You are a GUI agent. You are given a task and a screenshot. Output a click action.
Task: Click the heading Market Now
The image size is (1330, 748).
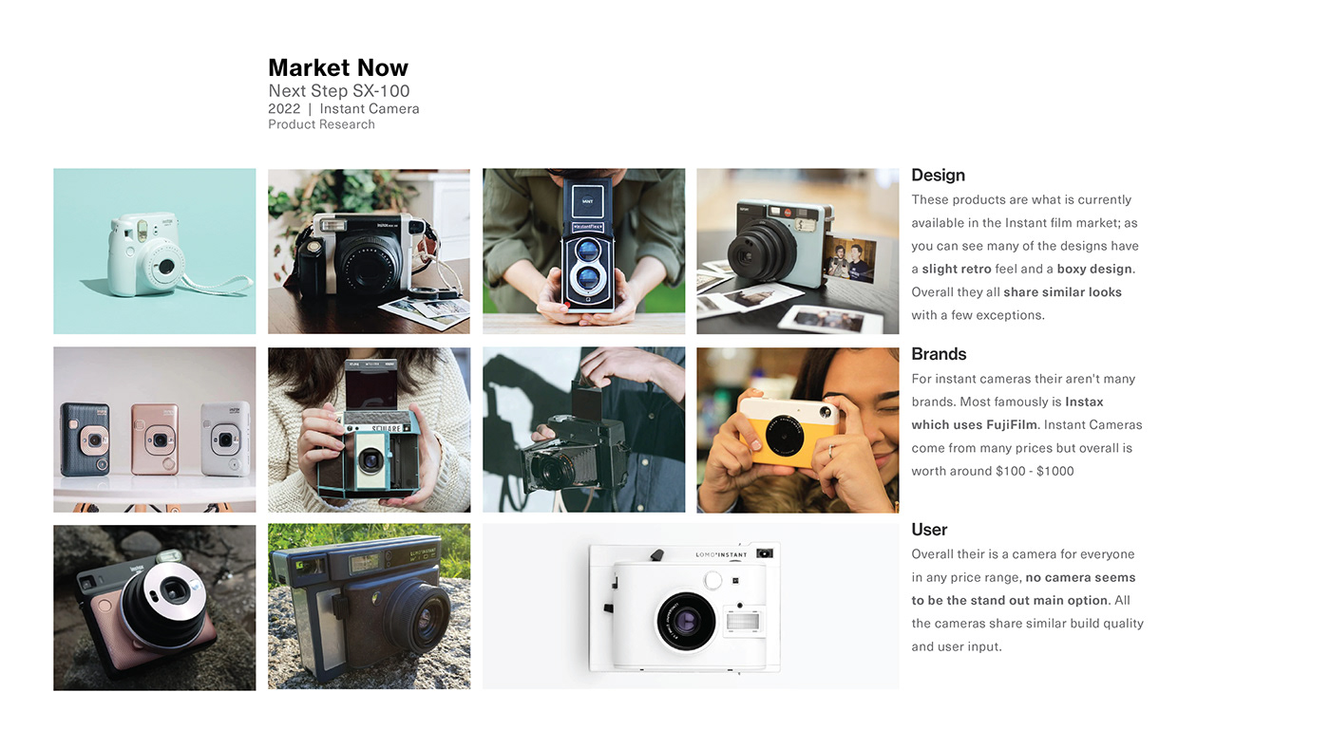(x=337, y=67)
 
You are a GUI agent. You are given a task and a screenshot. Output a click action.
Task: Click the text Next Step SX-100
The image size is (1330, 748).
(x=338, y=91)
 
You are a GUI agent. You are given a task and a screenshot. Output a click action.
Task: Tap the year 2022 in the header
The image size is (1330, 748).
(x=283, y=109)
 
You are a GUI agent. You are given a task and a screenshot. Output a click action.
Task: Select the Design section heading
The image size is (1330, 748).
(x=938, y=175)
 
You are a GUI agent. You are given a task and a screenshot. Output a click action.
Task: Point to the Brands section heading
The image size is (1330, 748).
(x=939, y=354)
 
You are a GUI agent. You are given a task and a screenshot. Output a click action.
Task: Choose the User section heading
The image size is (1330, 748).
(x=929, y=530)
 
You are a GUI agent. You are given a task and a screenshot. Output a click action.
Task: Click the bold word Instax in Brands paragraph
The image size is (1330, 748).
(x=1084, y=402)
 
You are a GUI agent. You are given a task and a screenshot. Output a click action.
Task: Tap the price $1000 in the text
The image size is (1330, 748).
(x=1055, y=471)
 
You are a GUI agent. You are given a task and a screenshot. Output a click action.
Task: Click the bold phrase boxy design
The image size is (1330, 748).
(x=1096, y=269)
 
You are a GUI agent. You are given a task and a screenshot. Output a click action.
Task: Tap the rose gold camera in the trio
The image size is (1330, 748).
(x=155, y=439)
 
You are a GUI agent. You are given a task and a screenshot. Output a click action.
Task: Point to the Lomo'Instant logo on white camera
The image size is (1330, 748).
(x=721, y=554)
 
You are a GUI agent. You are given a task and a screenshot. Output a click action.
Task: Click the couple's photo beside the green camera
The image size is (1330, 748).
(x=849, y=259)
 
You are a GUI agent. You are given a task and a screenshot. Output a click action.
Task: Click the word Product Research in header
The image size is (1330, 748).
(x=321, y=124)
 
